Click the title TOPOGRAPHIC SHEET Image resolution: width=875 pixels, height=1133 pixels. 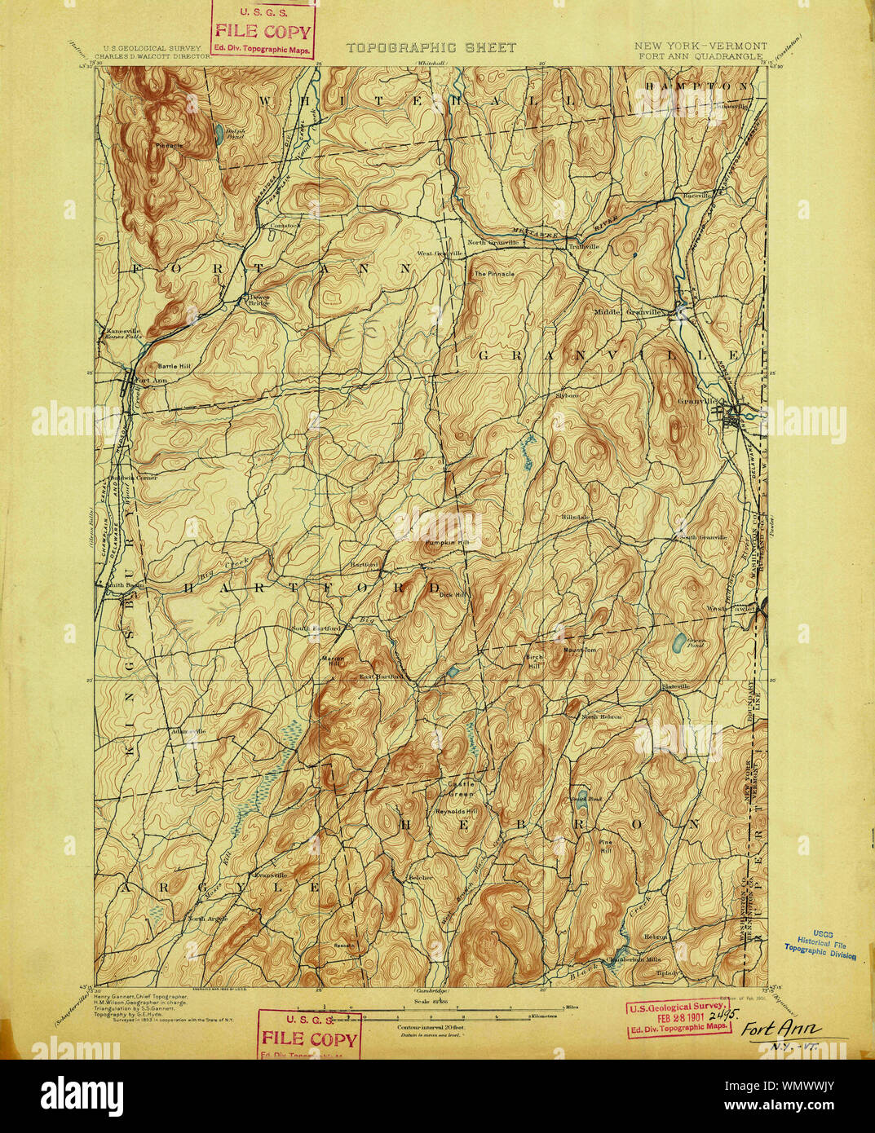[431, 48]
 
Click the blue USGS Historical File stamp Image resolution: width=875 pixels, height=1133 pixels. [820, 945]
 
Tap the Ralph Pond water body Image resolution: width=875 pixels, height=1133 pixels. [219, 135]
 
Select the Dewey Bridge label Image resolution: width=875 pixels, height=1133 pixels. [259, 300]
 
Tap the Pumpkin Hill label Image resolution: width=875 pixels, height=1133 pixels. [441, 542]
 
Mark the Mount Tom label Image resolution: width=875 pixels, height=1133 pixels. [581, 650]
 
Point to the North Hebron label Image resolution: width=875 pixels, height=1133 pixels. [601, 716]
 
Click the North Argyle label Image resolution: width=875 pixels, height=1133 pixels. [207, 919]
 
